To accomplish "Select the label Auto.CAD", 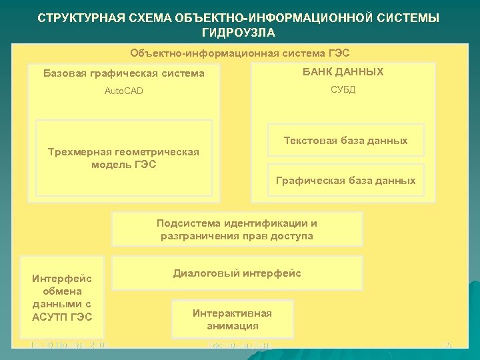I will [x=124, y=91].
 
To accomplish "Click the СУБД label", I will [x=343, y=90].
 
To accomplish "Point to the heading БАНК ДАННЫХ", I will [x=343, y=72].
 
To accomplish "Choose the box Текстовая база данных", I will [x=345, y=141].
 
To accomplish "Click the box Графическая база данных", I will [x=345, y=181].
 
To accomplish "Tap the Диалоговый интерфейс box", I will [x=237, y=273].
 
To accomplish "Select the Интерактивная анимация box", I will [x=232, y=319].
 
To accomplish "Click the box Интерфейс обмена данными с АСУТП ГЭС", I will [x=62, y=297].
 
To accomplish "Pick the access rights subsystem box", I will [x=237, y=229].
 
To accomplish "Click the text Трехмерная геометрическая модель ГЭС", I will [x=124, y=158].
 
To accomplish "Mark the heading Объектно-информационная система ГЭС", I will [x=240, y=53].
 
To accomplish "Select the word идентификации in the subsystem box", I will [x=265, y=223].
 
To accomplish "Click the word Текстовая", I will [x=310, y=141].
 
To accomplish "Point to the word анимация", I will [x=232, y=326].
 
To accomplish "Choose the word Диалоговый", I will [x=205, y=273].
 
